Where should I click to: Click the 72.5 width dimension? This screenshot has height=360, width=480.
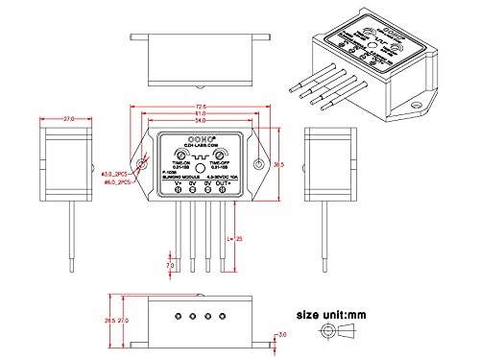coord(200,108)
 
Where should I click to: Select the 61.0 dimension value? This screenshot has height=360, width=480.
coord(200,115)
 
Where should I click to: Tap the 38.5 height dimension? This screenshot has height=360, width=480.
coord(277,165)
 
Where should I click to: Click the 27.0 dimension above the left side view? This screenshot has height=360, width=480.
coord(69,119)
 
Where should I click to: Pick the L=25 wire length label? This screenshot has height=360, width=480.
coord(237,237)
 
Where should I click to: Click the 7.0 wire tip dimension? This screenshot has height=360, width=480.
coord(170,264)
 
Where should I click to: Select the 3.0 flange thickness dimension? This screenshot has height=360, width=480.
coord(281,335)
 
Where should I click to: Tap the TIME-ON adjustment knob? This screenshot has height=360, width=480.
coord(179,155)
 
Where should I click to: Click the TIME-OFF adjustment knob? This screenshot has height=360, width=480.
coord(220,155)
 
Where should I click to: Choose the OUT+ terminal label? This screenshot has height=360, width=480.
coord(222,182)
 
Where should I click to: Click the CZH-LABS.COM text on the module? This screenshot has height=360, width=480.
coord(200,144)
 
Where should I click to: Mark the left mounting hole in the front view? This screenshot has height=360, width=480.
coord(143,165)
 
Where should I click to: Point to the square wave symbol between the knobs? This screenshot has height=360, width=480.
coord(200,154)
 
